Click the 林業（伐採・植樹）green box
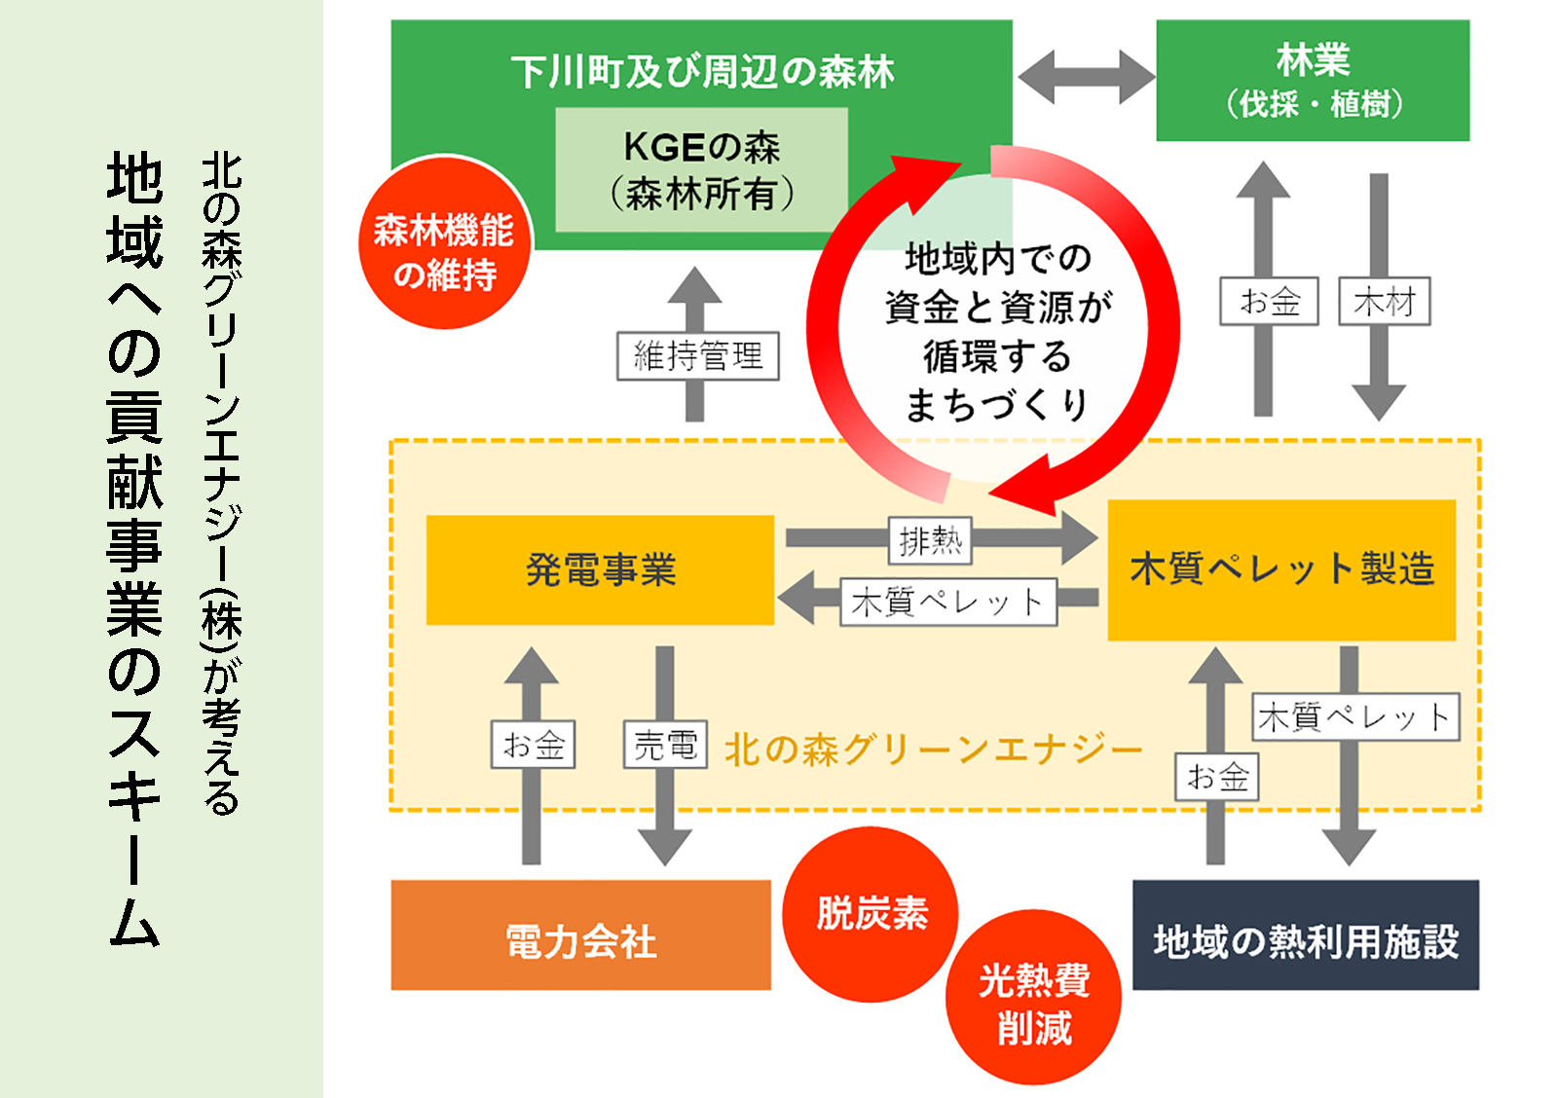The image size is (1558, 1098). tap(1312, 81)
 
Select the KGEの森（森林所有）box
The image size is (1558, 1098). tap(701, 170)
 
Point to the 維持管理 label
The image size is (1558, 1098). tap(697, 356)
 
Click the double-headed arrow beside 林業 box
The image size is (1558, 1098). tap(1085, 76)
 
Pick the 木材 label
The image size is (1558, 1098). tap(1384, 302)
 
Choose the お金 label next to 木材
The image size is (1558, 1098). tap(1269, 302)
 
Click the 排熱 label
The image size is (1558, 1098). tap(930, 540)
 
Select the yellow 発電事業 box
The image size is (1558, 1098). tap(600, 569)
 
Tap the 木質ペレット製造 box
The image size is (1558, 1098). tap(1281, 569)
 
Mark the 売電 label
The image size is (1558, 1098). tap(665, 746)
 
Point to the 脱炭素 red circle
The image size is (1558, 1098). tap(871, 914)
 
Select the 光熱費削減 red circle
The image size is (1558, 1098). tap(1033, 999)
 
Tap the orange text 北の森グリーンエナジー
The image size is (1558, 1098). tap(932, 750)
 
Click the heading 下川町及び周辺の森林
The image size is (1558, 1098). tap(701, 72)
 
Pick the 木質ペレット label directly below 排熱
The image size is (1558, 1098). tap(947, 603)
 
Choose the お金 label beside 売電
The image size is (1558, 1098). tap(533, 746)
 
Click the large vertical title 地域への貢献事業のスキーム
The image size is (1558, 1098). tap(134, 550)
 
